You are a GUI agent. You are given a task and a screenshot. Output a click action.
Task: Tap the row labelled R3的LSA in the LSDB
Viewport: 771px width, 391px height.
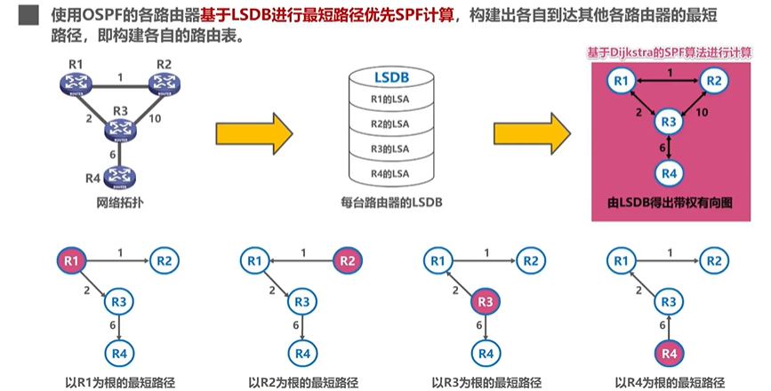(389, 148)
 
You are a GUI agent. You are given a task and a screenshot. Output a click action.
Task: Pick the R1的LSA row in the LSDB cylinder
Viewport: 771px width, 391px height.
(389, 98)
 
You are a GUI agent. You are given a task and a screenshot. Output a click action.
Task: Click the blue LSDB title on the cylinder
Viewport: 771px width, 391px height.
(389, 78)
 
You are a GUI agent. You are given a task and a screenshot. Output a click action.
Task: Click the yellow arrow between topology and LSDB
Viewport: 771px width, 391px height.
(254, 133)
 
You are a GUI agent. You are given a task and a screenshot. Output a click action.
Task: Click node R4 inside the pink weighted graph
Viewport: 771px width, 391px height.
(670, 172)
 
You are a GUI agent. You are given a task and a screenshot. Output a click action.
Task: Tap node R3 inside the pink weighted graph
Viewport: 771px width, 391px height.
(670, 121)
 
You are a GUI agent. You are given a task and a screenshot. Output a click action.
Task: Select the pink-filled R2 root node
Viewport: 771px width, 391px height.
(347, 260)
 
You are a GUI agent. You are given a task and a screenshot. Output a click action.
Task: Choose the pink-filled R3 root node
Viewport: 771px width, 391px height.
(484, 302)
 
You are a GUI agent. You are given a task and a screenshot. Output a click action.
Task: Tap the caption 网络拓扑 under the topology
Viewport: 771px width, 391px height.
(120, 203)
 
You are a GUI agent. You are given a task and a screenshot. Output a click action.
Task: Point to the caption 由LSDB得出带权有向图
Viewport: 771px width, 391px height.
(671, 203)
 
